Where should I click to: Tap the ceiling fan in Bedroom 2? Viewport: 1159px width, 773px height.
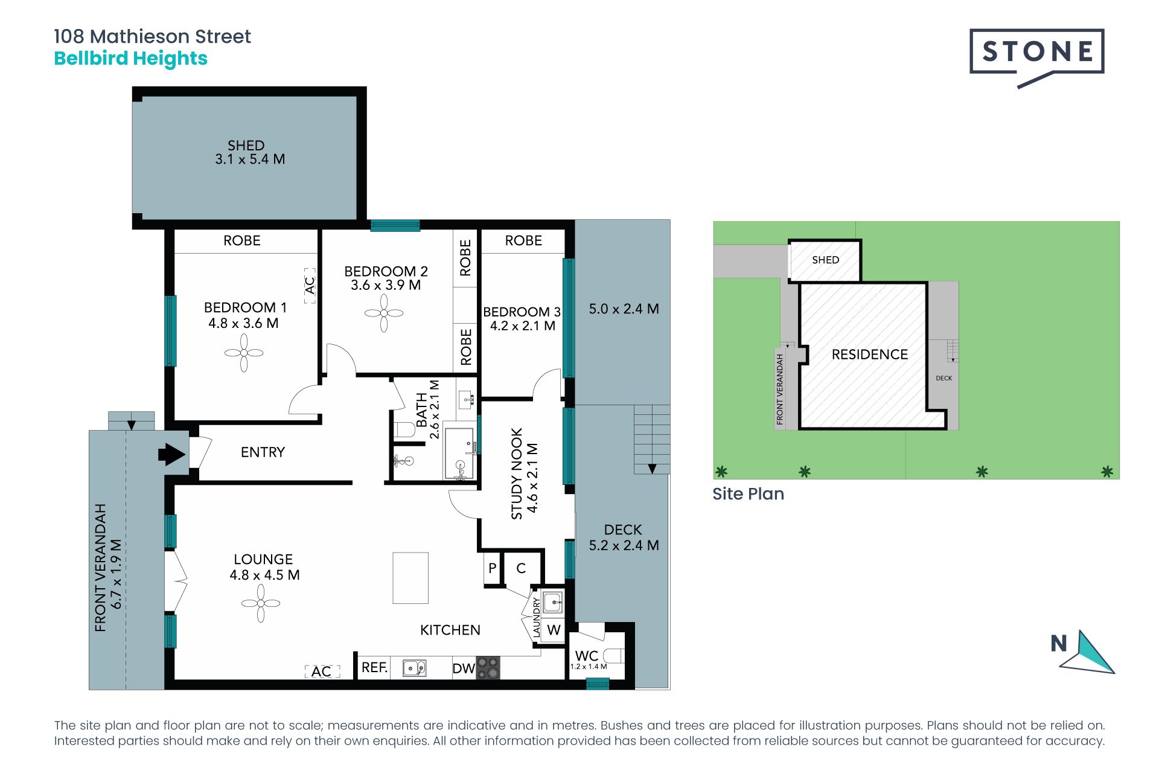click(x=384, y=313)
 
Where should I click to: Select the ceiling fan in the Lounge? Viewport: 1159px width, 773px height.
click(x=261, y=603)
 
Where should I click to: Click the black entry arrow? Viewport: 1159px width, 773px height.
click(x=172, y=454)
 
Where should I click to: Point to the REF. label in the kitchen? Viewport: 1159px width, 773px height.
click(x=374, y=667)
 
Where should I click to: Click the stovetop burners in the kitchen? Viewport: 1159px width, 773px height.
click(x=488, y=668)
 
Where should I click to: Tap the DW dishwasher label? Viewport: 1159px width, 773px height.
click(x=464, y=669)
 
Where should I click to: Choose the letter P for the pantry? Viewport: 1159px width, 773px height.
click(x=493, y=568)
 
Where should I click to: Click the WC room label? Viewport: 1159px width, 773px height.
click(x=587, y=655)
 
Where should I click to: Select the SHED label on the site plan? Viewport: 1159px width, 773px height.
click(x=826, y=260)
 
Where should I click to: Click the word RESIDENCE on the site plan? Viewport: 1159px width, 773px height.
click(x=870, y=354)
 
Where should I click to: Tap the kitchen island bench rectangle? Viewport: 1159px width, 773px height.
click(x=410, y=578)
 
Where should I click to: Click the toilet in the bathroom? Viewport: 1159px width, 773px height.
click(x=404, y=430)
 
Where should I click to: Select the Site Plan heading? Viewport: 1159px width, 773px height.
click(x=749, y=494)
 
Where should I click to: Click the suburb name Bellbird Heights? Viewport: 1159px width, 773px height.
click(x=131, y=59)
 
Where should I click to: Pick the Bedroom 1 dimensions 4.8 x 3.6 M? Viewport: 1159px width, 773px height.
click(x=244, y=323)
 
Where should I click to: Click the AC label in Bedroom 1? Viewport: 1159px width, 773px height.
click(x=310, y=285)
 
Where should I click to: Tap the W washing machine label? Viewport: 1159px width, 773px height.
click(x=554, y=630)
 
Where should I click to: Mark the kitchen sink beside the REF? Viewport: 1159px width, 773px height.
click(x=415, y=668)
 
